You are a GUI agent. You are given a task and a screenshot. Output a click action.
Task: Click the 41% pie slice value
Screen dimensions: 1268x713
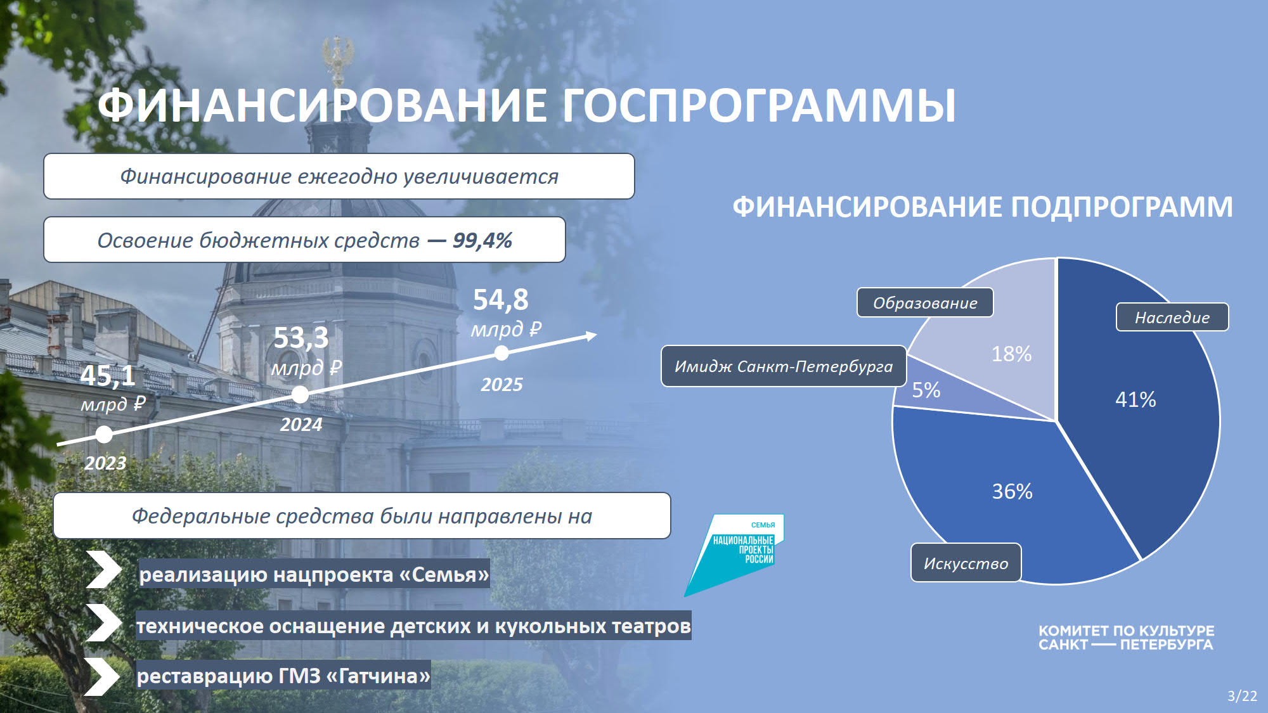coord(1135,399)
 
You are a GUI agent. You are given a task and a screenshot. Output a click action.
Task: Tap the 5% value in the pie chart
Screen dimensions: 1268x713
coord(926,390)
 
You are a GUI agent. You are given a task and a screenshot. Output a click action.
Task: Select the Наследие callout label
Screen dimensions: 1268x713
coord(1172,317)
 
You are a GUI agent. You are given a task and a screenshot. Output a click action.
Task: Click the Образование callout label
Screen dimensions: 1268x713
coord(925,303)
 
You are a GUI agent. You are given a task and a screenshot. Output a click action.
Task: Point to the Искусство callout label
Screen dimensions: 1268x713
coord(966,563)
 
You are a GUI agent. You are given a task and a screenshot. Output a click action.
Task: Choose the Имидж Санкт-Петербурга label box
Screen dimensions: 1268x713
coord(784,366)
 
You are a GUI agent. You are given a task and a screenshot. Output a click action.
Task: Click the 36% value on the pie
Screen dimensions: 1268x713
coord(1012,491)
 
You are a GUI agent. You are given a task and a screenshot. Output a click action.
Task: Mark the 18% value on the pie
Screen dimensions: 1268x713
coord(1011,354)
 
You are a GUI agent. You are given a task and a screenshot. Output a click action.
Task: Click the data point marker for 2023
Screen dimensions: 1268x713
coord(104,434)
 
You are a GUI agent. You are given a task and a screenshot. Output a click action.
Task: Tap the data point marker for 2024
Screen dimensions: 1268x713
coord(300,395)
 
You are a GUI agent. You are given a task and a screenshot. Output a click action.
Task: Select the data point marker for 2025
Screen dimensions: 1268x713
coord(501,353)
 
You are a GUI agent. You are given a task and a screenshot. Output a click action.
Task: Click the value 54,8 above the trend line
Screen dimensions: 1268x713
coord(500,300)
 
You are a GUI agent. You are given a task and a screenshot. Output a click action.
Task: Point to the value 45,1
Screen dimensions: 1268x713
coord(108,375)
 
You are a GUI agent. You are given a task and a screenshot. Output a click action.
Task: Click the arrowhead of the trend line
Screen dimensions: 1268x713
coord(592,335)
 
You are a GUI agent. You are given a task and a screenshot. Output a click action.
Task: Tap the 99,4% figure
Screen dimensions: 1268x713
coord(482,240)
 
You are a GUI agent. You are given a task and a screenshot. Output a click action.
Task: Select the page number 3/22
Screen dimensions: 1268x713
coord(1242,696)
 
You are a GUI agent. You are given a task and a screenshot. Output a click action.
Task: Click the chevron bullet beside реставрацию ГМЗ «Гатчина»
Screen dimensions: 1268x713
coord(103,676)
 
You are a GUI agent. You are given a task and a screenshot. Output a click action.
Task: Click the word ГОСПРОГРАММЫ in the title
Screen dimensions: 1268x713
coord(759,105)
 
